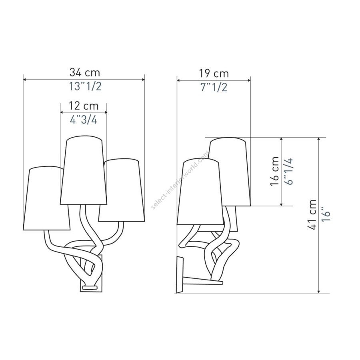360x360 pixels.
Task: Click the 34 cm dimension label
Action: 85,72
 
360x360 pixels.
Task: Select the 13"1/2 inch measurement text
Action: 85,86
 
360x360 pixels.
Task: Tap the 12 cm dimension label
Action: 84,106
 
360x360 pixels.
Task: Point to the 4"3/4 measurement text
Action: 84,119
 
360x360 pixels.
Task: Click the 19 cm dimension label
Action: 214,74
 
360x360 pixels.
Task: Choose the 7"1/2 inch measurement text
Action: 214,87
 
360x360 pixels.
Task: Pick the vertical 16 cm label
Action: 274,171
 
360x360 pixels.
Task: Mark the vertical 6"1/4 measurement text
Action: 288,171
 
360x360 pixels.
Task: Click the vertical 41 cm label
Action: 312,215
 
